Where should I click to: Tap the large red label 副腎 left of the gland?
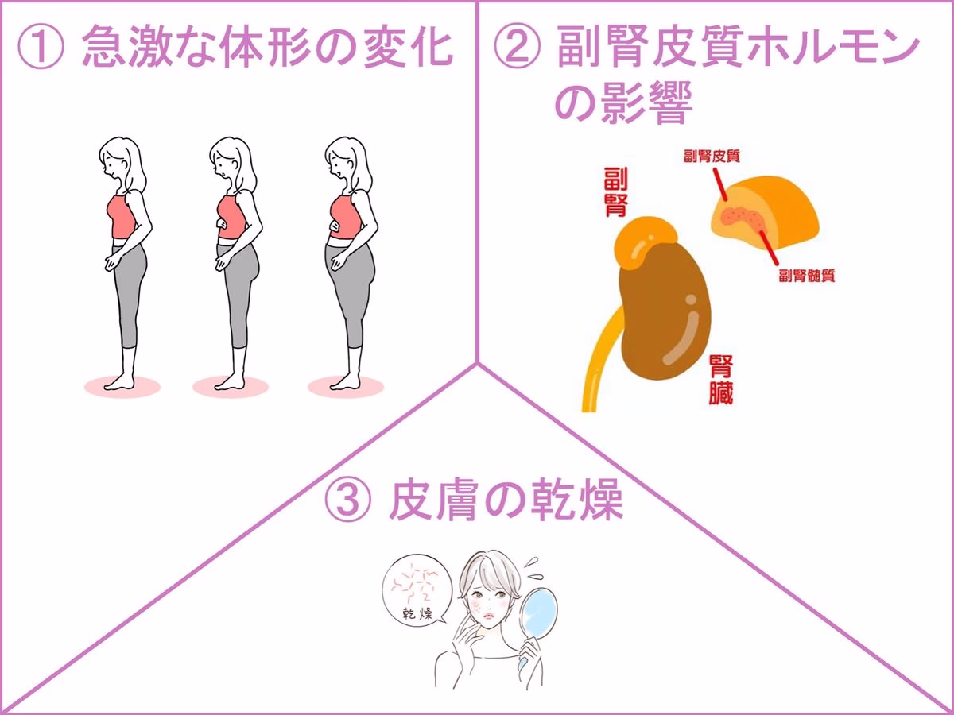615,191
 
